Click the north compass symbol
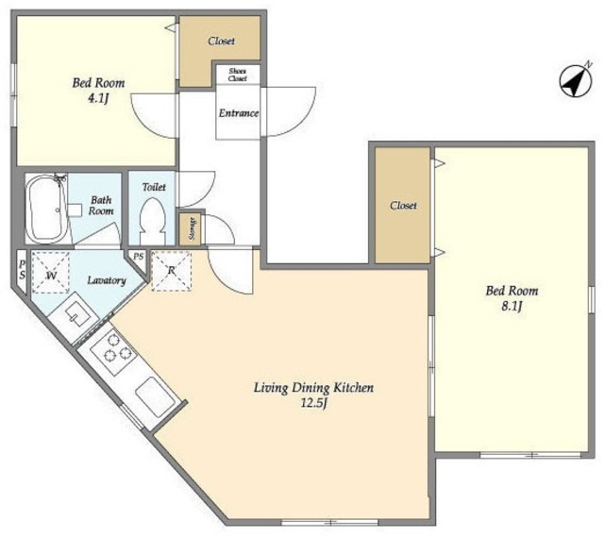coord(576,81)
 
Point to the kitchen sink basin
coord(155,397)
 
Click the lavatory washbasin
coord(77,314)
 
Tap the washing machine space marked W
coord(50,273)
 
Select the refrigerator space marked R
coord(172,271)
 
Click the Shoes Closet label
coord(237,75)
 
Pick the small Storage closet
coord(191,228)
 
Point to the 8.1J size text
coord(512,307)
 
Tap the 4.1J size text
coord(98,98)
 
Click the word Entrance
coord(239,113)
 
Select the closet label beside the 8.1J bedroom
coord(403,206)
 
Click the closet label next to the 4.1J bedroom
coord(221,41)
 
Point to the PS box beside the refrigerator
coord(139,256)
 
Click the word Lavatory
coord(107,280)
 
